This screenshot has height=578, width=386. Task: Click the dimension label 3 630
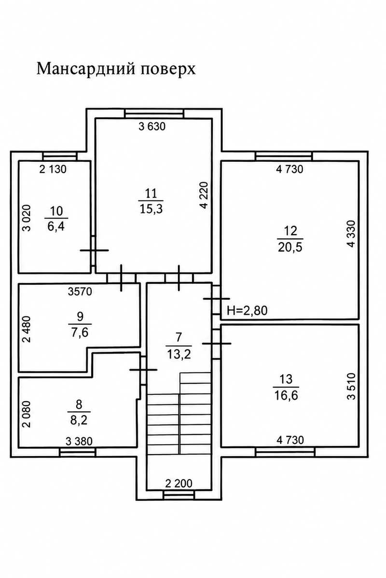point(152,127)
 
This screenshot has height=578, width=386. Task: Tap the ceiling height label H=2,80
point(247,311)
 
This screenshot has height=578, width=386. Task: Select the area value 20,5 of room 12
point(290,248)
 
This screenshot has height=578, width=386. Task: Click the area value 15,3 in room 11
point(151,209)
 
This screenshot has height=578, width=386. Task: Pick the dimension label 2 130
point(53,169)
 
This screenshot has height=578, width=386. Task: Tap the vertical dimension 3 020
point(27,218)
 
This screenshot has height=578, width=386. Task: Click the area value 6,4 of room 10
point(56,227)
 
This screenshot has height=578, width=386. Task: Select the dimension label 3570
point(80,291)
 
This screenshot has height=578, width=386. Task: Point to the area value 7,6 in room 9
point(80,333)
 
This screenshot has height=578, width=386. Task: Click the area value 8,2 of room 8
point(79,420)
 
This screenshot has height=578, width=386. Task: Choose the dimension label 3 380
point(79,442)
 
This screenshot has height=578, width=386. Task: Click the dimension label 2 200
point(179,483)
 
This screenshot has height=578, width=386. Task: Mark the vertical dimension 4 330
point(351,234)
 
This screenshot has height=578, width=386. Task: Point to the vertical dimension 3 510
point(351,386)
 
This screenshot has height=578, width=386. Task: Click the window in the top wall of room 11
point(154,114)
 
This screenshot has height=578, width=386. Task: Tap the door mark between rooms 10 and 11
point(94,250)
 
